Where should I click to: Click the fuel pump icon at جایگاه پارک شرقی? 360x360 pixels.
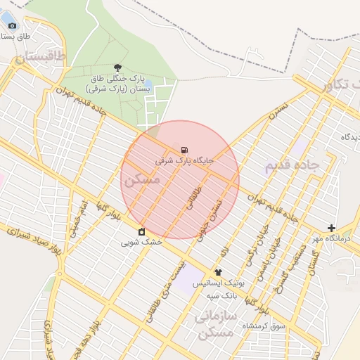184,150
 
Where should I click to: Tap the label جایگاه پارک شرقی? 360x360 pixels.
184,160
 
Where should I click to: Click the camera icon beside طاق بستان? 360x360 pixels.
12,25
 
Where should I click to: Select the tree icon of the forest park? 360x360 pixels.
117,67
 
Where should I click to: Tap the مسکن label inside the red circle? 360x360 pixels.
142,180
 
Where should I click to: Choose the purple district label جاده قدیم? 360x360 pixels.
292,166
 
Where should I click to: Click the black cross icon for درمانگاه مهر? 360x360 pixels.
331,228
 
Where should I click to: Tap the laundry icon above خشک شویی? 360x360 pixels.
142,231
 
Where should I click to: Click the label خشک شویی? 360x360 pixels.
141,242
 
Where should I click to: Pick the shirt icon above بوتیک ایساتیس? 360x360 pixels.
218,272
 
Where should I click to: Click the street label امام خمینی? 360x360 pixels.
77,221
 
